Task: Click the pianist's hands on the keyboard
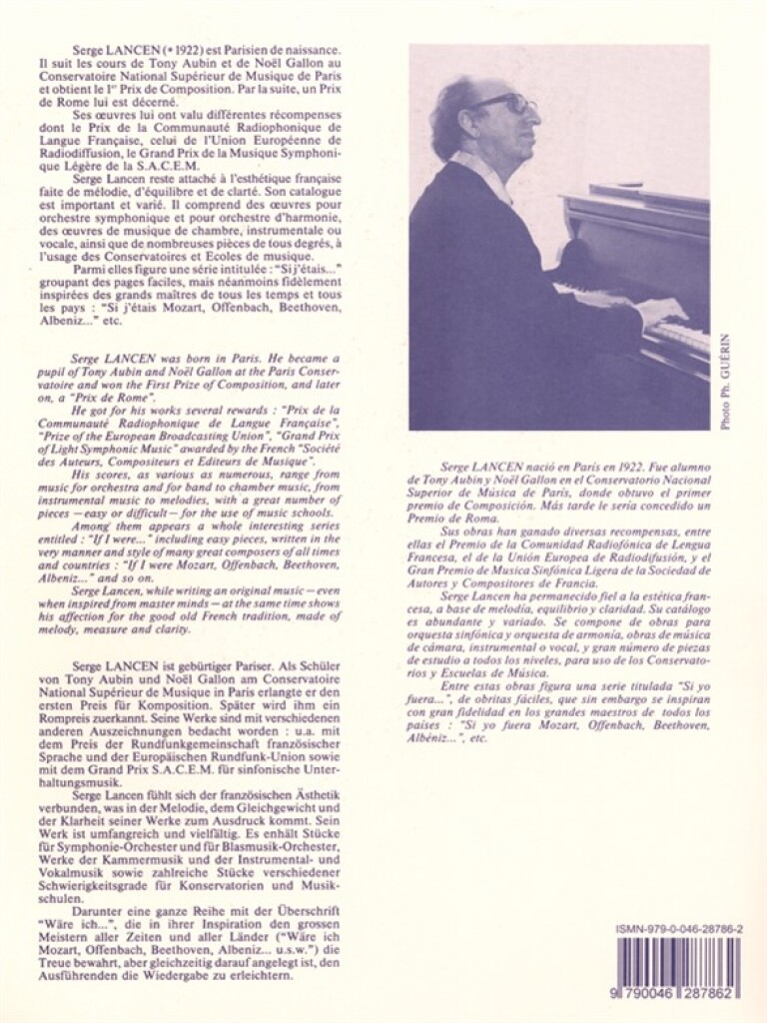[x=659, y=312]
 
